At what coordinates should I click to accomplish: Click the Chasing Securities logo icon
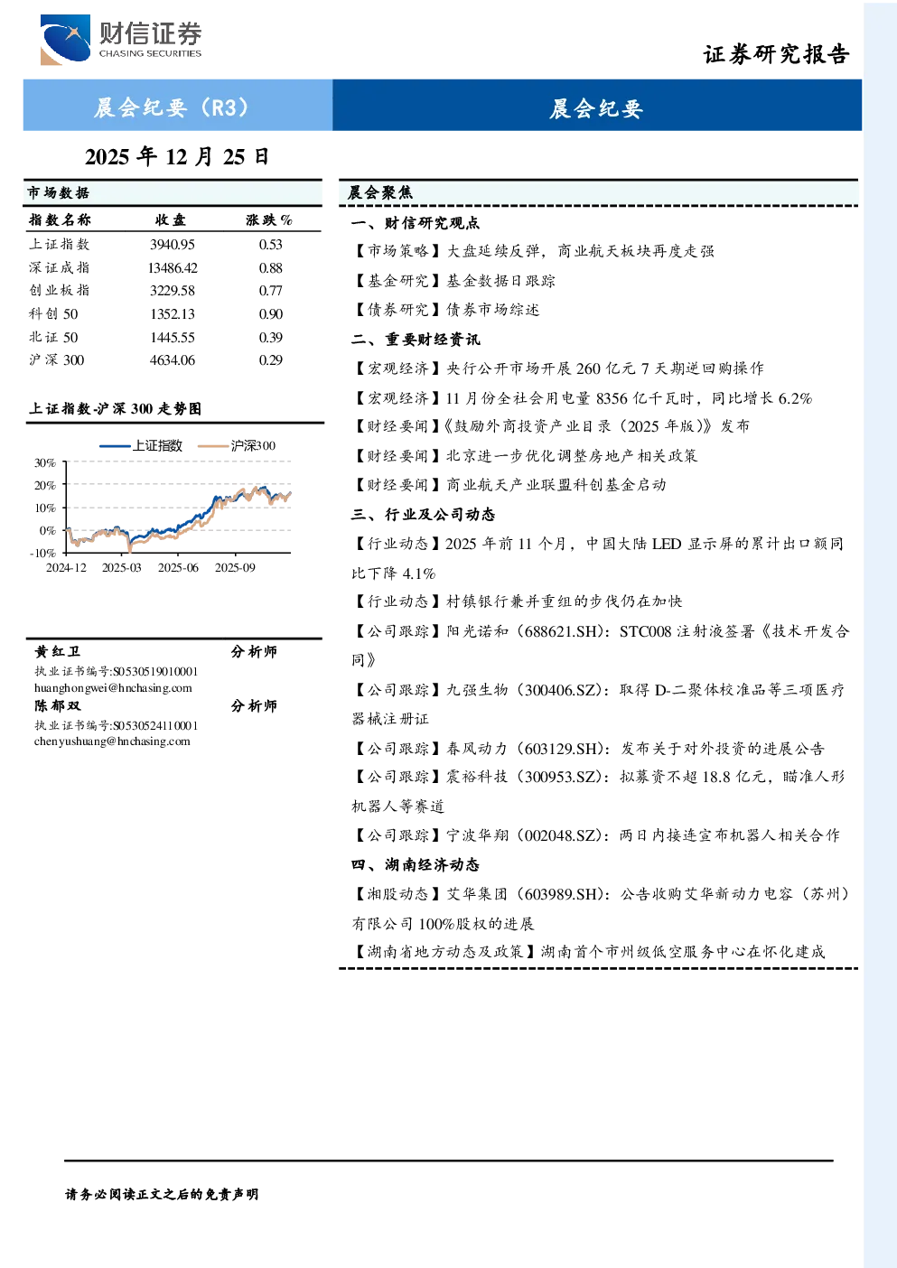(x=65, y=39)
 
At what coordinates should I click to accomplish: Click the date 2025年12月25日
(x=177, y=157)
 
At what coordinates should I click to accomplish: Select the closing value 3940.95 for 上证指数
(x=173, y=245)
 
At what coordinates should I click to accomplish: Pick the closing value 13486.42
(x=173, y=267)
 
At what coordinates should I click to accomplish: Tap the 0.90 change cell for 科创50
(x=271, y=314)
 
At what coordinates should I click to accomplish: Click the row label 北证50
(x=54, y=338)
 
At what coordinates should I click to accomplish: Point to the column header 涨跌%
(x=269, y=219)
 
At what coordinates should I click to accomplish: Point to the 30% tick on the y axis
(x=45, y=463)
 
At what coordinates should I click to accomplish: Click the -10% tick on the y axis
(x=42, y=553)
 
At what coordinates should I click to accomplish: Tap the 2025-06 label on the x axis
(x=178, y=568)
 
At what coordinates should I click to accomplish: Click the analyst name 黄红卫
(x=58, y=652)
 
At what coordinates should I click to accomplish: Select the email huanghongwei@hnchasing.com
(x=113, y=688)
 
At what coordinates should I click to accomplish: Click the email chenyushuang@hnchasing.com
(x=112, y=741)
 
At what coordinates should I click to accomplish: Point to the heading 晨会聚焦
(x=380, y=192)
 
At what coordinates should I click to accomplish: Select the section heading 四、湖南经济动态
(x=416, y=865)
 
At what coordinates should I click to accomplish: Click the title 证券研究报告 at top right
(x=776, y=54)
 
